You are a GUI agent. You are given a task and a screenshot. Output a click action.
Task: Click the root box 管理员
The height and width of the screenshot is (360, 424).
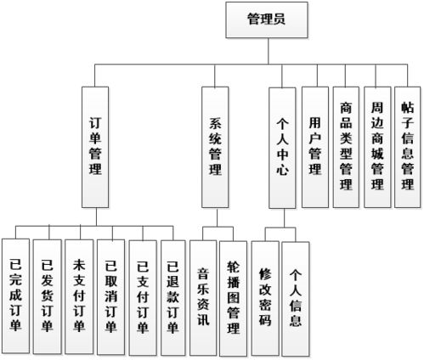tap(265, 19)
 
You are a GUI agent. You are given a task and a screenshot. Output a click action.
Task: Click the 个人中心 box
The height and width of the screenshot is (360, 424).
tap(284, 145)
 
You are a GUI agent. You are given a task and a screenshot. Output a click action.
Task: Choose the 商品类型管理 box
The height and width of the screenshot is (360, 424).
tap(346, 147)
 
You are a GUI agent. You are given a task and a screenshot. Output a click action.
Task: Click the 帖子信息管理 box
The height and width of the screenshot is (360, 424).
tap(408, 147)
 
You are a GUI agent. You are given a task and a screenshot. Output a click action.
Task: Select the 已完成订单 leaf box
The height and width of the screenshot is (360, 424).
tap(16, 297)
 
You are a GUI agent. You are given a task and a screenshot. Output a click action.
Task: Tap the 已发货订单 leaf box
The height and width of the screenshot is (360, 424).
tap(48, 297)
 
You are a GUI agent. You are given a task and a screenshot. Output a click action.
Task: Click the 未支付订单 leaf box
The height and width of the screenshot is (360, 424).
tap(80, 297)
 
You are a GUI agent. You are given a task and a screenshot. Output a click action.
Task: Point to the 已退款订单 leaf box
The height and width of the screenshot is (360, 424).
tap(174, 297)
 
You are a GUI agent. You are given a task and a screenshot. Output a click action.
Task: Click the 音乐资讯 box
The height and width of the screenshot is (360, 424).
tap(204, 297)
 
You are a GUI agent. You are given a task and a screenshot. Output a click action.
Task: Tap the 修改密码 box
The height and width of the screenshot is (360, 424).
tap(266, 297)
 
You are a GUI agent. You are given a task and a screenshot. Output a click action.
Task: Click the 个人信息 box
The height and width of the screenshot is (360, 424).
tap(297, 297)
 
